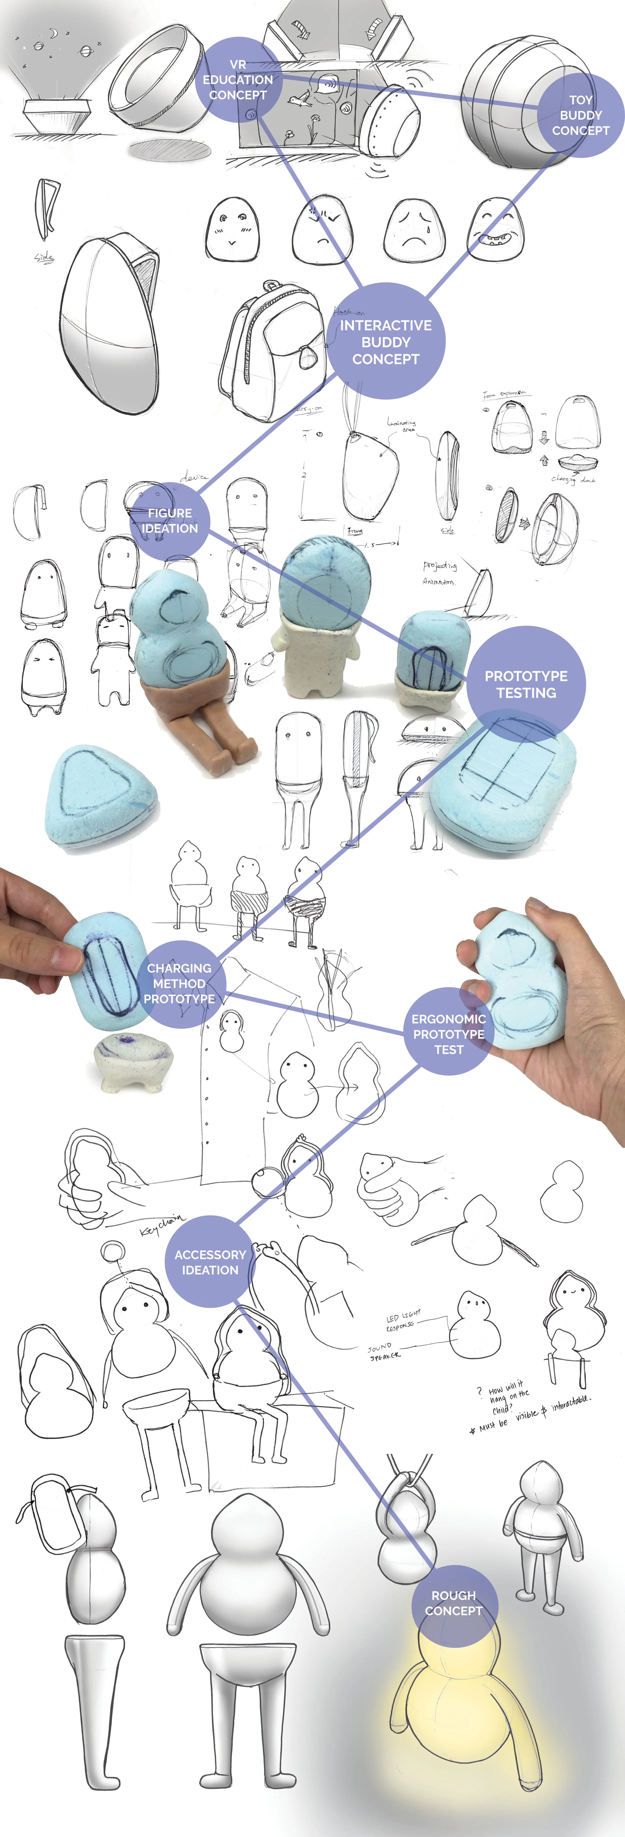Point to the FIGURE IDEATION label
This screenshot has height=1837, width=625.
170,521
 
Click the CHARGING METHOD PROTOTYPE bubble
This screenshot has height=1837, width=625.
179,983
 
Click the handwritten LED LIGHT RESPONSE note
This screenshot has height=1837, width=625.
403,1320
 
